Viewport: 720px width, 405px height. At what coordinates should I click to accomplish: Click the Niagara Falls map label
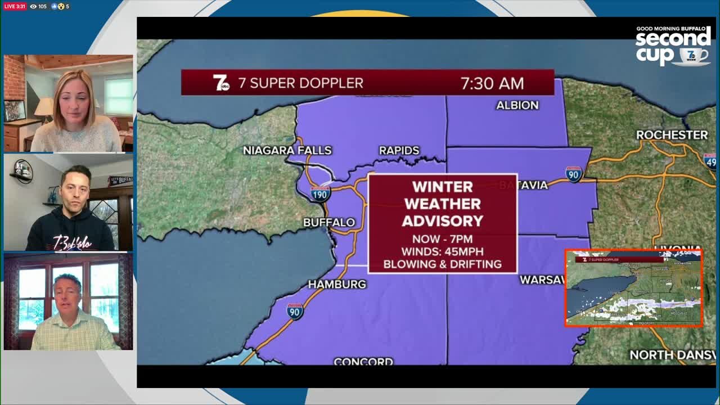(x=287, y=150)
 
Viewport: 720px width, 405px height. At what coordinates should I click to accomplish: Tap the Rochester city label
(x=672, y=135)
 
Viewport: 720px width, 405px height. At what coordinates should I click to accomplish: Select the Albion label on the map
(x=517, y=105)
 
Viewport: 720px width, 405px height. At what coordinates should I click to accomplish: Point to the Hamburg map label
(x=337, y=285)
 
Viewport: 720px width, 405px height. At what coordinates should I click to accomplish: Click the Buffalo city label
(x=329, y=223)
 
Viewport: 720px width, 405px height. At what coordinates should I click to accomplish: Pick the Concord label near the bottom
(x=363, y=361)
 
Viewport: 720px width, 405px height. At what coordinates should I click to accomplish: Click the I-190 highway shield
(x=320, y=194)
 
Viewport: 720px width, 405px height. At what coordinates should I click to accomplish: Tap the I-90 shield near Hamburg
(x=295, y=311)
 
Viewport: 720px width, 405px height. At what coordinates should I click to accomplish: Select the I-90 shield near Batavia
(x=573, y=174)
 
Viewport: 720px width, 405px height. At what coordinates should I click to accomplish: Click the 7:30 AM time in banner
(x=492, y=83)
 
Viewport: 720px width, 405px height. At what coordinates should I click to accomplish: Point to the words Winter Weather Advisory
(x=442, y=204)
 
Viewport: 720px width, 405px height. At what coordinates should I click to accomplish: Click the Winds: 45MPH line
(x=442, y=251)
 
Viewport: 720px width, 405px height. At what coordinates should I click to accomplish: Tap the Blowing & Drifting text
(x=442, y=264)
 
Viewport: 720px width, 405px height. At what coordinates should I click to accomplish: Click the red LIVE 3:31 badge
(x=14, y=6)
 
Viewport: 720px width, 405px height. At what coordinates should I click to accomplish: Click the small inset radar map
(x=634, y=288)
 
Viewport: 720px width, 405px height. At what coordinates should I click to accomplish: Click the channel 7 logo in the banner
(x=221, y=83)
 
